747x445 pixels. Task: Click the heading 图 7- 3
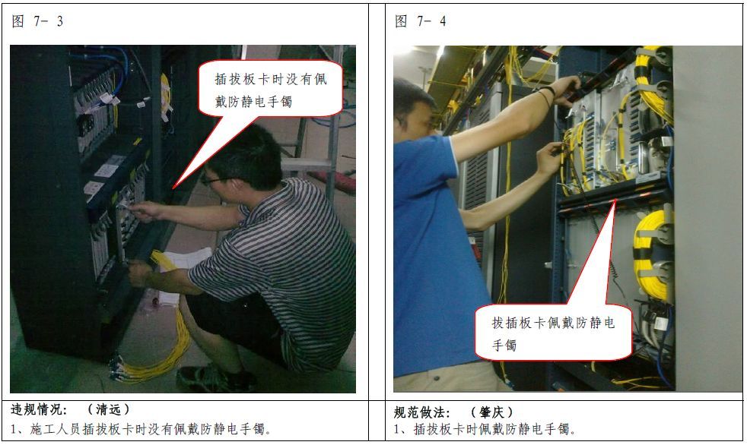[x=37, y=21]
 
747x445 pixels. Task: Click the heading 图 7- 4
[x=420, y=21]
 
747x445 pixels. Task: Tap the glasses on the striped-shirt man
[x=214, y=181]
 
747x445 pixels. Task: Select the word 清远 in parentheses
[x=109, y=409]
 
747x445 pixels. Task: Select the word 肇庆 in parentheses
[x=491, y=412]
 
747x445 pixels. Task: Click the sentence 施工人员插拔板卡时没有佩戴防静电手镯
[x=148, y=429]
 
